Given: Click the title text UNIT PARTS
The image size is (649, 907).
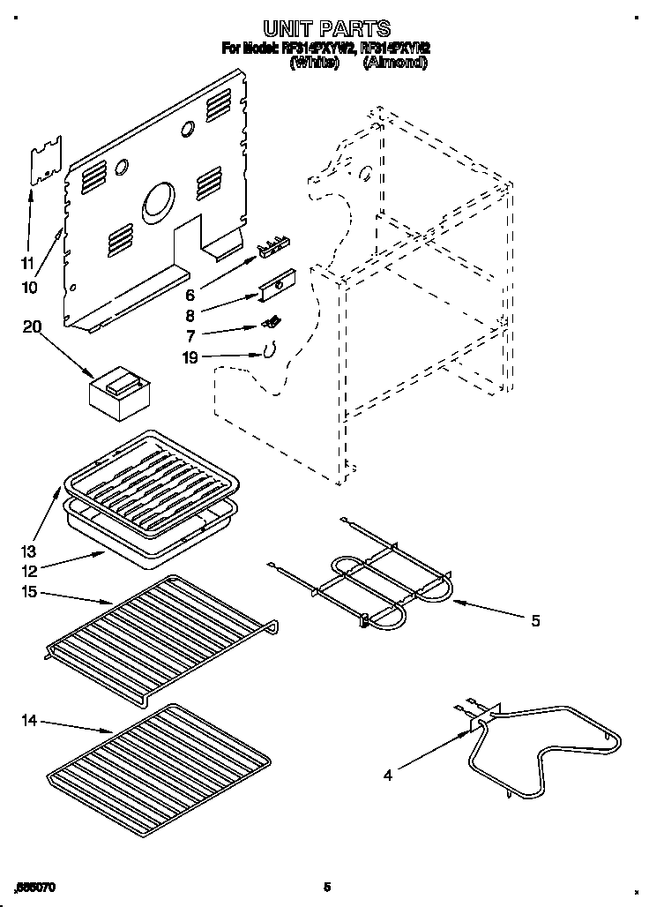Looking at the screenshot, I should coord(325,29).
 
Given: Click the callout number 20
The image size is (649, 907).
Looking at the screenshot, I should coord(33,327).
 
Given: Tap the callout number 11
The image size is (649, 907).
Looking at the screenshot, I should coord(27,263).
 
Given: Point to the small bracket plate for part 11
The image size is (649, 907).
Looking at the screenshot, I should coord(46,160).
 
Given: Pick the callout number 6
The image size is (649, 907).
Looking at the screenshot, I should coord(190,294).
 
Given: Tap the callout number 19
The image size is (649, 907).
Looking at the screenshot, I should coord(189,357).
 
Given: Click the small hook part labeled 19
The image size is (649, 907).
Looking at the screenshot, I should coord(266,350).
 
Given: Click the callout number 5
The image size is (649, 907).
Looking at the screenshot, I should coord(535,621).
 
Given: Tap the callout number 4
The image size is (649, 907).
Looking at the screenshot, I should coord(389,776).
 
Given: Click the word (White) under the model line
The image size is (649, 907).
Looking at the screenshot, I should coord(314,64).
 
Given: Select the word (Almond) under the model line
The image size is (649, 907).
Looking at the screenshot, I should coord(394,64).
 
